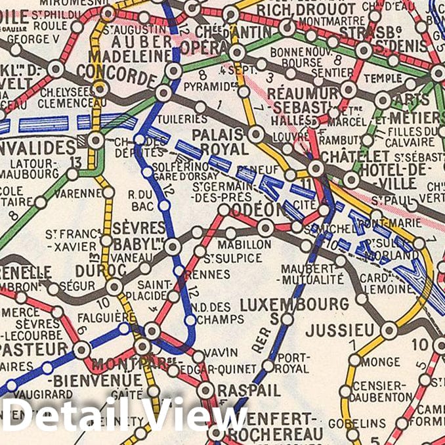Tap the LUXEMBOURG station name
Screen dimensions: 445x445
[x=294, y=305]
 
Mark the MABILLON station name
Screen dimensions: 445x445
[x=247, y=244]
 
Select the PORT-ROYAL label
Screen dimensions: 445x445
[x=293, y=362]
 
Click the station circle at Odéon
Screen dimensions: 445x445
[x=265, y=228]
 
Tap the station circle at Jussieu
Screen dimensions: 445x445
[x=389, y=330]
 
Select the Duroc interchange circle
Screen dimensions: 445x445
[x=114, y=287]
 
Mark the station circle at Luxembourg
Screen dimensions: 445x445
[x=287, y=320]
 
